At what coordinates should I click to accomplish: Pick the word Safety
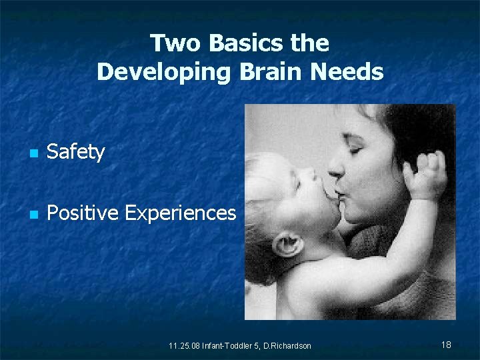tap(76, 152)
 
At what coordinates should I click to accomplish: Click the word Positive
tap(83, 213)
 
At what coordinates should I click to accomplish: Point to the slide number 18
tap(446, 345)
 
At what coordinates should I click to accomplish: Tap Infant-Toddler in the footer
tap(227, 346)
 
